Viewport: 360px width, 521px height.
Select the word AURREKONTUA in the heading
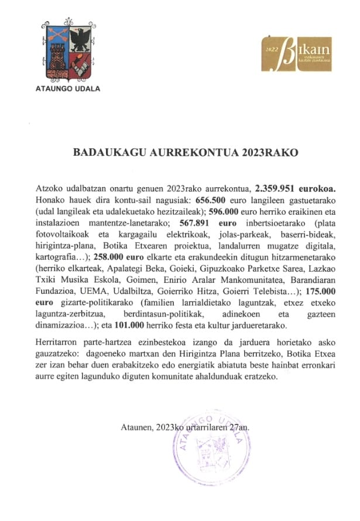[183, 153]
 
